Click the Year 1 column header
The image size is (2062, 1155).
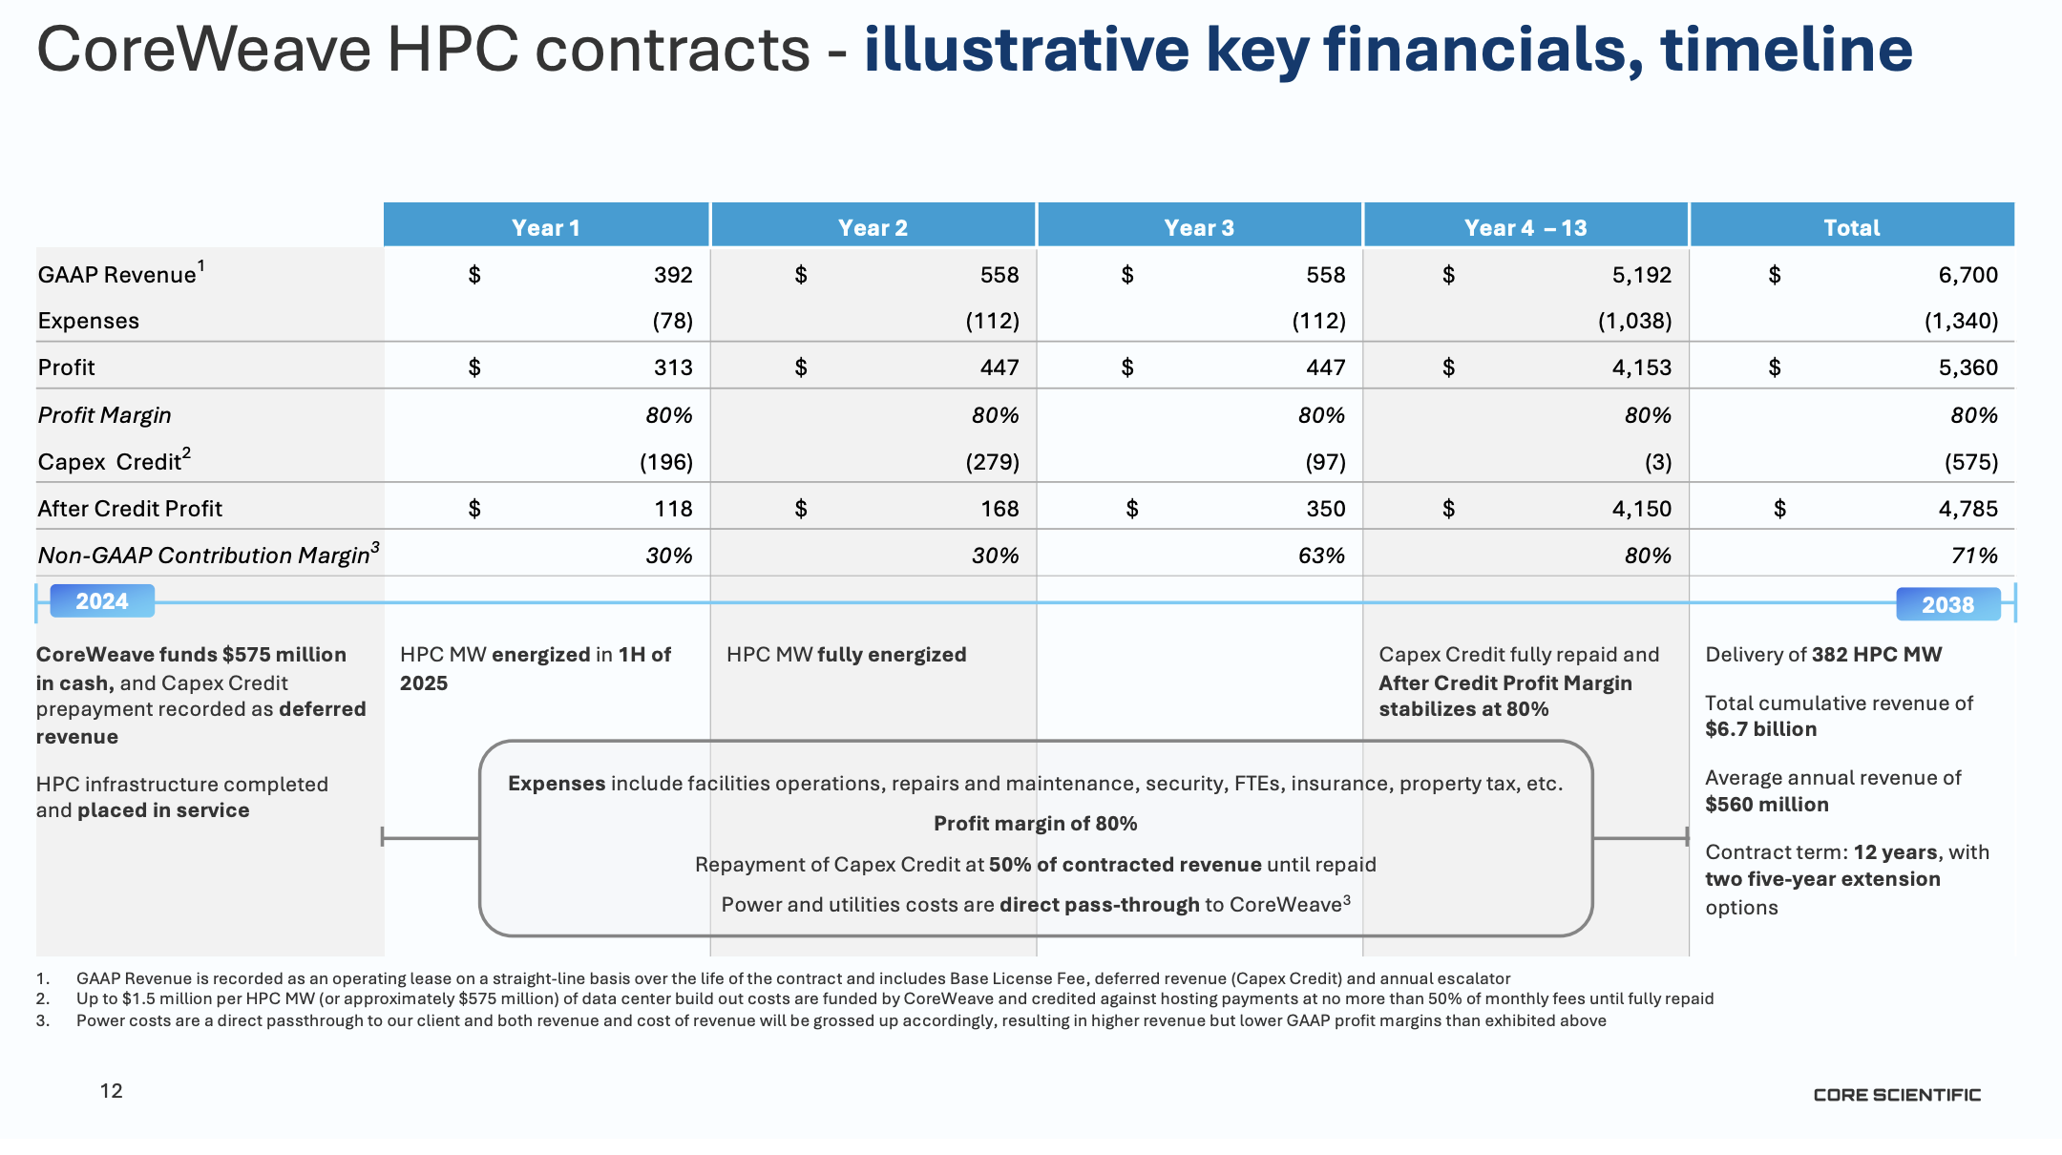[545, 227]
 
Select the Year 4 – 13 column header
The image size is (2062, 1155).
[1525, 227]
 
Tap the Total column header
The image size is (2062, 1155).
[1851, 227]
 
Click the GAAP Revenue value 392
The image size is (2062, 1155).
[673, 275]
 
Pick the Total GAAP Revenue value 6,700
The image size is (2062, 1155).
[1967, 275]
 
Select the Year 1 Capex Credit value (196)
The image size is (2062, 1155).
[665, 462]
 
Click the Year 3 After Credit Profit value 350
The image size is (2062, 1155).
[1325, 509]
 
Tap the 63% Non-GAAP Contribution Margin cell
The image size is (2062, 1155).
[1321, 556]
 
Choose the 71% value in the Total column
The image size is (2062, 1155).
[1973, 556]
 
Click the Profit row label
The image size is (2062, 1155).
[67, 367]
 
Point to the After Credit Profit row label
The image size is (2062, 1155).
[130, 509]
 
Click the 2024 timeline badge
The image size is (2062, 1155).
[102, 601]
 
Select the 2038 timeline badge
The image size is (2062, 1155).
[1947, 604]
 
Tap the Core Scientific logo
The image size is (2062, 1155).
[1897, 1095]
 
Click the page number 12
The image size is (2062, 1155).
[112, 1091]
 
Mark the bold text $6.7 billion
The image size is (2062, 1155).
[1761, 729]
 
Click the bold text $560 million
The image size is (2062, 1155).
[1767, 805]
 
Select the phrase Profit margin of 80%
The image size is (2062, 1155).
[1035, 824]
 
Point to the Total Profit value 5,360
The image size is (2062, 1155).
[1967, 367]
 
